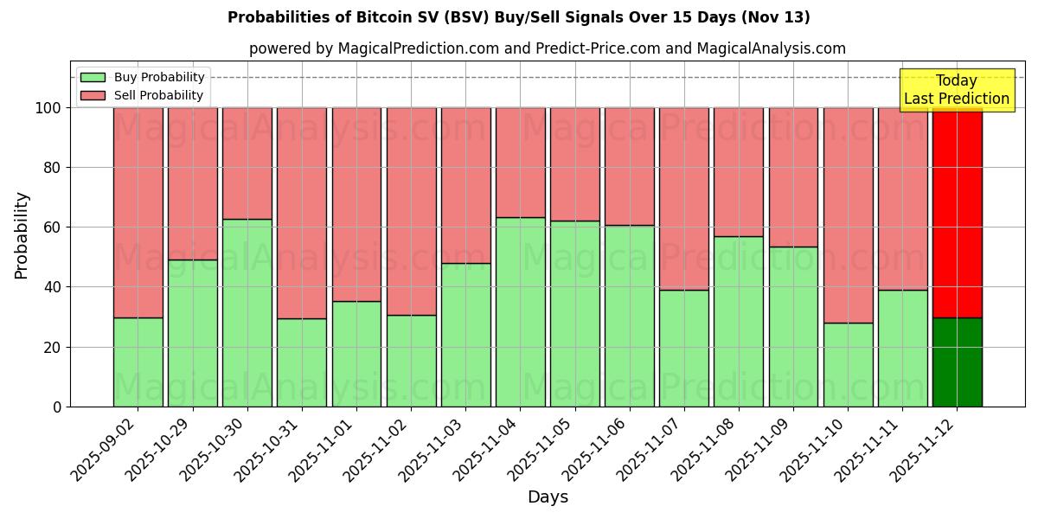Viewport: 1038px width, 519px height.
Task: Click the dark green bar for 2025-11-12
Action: [x=957, y=362]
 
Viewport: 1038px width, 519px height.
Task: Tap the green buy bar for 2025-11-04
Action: [x=521, y=311]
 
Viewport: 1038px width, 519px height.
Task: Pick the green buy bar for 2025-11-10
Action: [x=848, y=364]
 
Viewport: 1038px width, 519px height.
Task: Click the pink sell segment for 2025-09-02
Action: [x=138, y=213]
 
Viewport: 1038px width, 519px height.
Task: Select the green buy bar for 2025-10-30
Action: [x=247, y=312]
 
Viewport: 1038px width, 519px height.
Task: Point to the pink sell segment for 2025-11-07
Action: [x=684, y=199]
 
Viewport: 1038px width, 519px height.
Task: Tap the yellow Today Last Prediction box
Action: [x=956, y=90]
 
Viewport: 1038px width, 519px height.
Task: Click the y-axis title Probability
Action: [x=22, y=235]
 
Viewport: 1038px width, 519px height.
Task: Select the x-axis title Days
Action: [x=548, y=497]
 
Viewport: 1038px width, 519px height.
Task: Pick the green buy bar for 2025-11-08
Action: [x=739, y=321]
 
